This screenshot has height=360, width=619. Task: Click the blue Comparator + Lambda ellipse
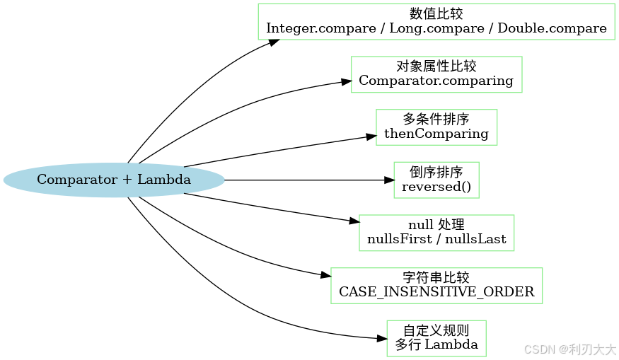click(114, 180)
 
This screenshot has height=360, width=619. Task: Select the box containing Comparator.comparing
click(436, 74)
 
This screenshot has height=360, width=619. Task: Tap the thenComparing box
click(436, 127)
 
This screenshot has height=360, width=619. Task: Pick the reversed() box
click(436, 180)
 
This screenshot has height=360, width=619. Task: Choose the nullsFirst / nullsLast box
click(436, 233)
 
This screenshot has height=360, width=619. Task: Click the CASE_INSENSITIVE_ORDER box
click(436, 285)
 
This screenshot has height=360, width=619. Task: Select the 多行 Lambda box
click(436, 338)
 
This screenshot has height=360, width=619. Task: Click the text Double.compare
click(552, 29)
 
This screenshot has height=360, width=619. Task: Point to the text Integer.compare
click(311, 29)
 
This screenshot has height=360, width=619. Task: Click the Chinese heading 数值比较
click(436, 14)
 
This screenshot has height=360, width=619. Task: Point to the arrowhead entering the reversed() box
click(388, 180)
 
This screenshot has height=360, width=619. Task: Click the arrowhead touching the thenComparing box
click(370, 136)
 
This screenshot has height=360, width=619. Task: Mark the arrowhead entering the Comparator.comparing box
click(346, 83)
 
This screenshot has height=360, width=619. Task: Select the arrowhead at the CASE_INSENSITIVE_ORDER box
click(325, 275)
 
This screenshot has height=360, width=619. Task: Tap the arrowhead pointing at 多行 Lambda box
click(381, 338)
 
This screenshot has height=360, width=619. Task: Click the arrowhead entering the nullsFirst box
click(354, 222)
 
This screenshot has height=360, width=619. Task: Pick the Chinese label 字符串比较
click(436, 277)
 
